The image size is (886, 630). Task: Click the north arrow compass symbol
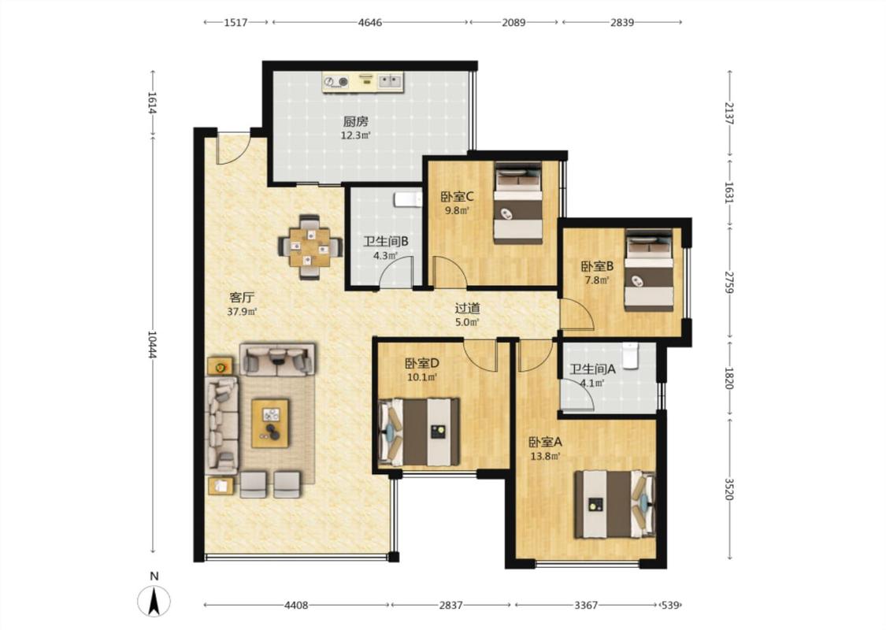click(x=154, y=601)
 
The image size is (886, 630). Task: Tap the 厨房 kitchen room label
click(x=356, y=121)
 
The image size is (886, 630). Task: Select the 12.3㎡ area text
click(x=356, y=135)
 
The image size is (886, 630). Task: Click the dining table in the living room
click(x=310, y=247)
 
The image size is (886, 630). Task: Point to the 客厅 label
click(x=242, y=297)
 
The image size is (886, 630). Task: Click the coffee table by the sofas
click(x=270, y=423)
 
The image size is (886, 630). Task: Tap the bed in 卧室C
click(x=518, y=203)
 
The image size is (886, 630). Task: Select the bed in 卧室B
click(x=649, y=269)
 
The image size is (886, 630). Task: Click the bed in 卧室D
click(x=418, y=432)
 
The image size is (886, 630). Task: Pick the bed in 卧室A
click(x=615, y=504)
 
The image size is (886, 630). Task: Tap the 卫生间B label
click(x=385, y=242)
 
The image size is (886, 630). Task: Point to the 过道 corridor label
click(x=468, y=309)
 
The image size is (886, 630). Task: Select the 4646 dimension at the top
click(x=370, y=23)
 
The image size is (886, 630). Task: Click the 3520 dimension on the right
click(x=729, y=489)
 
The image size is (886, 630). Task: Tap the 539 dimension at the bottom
click(x=670, y=605)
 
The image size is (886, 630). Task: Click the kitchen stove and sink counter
click(x=363, y=81)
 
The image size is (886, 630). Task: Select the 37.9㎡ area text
click(x=242, y=311)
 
